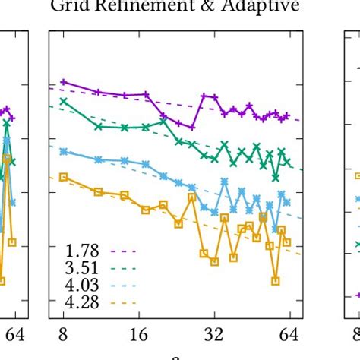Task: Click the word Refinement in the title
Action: pos(122,8)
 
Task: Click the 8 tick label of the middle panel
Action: pos(63,333)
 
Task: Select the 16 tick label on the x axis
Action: pos(138,333)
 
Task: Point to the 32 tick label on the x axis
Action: pos(214,333)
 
